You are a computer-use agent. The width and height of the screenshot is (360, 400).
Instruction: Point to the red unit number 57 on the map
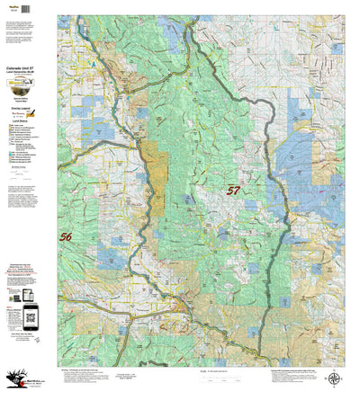click(233, 191)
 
